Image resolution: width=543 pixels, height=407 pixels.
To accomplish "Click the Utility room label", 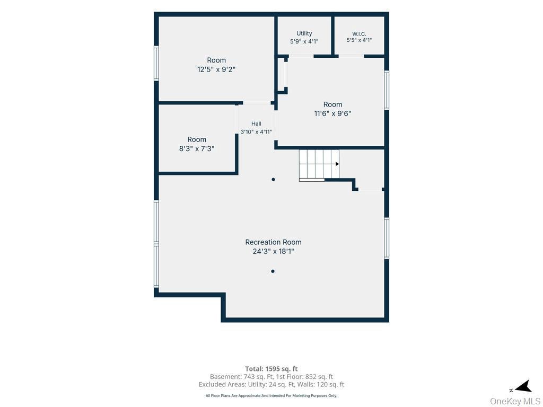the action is (304, 33).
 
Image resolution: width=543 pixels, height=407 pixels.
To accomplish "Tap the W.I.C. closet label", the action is (359, 34).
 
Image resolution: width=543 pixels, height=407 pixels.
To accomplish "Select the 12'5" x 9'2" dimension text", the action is (216, 69).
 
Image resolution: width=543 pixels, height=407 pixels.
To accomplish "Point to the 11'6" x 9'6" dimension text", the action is (332, 113).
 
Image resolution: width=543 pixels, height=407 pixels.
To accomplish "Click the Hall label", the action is (256, 123).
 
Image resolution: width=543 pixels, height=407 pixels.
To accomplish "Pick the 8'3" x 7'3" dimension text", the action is (197, 149).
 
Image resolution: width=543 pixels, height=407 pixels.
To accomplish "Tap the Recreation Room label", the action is (273, 242).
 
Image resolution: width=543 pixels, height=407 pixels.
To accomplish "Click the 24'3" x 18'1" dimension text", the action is (273, 251).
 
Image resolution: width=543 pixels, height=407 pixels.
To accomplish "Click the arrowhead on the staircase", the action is (337, 164).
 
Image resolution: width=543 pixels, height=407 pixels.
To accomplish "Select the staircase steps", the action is (319, 165).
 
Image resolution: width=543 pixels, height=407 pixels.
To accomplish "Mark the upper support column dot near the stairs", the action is (273, 179).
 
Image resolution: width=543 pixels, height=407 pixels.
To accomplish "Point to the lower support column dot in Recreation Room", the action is (273, 271).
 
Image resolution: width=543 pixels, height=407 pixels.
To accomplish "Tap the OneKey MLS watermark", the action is (515, 401).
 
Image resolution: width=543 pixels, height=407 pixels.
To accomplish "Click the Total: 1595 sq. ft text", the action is (271, 369).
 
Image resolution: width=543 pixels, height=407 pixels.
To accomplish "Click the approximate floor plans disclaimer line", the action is (271, 395).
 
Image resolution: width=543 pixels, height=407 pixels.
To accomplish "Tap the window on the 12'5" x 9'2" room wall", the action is (156, 64).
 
